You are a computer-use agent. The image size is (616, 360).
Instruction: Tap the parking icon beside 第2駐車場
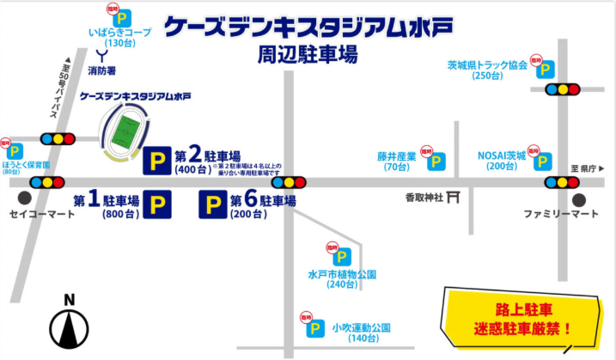157,160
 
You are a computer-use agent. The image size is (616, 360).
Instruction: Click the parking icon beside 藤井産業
438,161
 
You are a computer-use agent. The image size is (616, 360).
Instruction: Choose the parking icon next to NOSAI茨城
543,160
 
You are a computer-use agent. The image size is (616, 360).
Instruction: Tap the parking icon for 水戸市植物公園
342,257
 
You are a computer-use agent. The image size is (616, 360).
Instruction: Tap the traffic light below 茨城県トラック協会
563,88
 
